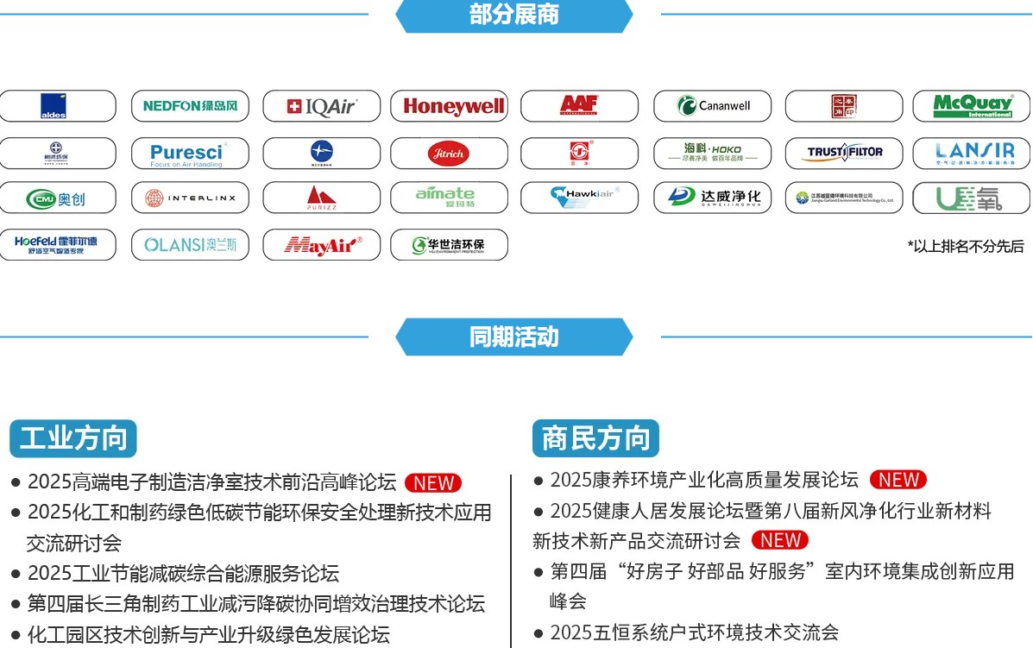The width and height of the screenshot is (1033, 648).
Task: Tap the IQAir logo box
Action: (x=321, y=106)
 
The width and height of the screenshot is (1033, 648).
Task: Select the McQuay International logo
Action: (x=971, y=106)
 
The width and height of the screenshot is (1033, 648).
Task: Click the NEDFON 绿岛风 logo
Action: (x=190, y=106)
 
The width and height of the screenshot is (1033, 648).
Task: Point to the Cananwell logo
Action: (x=712, y=106)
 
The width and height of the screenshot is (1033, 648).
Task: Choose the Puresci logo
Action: (x=190, y=154)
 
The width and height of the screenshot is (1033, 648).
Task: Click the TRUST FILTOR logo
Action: (x=844, y=154)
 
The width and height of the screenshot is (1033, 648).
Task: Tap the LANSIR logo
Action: (x=971, y=154)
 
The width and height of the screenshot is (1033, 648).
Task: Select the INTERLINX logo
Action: (x=190, y=198)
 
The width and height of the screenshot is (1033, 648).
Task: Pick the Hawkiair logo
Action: (x=579, y=198)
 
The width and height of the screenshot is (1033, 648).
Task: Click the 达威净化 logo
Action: (x=712, y=198)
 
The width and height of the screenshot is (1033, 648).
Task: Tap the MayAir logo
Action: (x=321, y=245)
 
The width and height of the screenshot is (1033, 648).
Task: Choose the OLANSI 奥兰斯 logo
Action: (x=190, y=245)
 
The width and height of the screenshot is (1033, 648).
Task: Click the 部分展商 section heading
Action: (x=514, y=15)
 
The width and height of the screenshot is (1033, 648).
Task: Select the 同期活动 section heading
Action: (x=514, y=337)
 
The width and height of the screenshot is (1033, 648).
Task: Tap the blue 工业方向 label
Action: (x=73, y=438)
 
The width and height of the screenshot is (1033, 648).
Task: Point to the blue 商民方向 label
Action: (x=595, y=438)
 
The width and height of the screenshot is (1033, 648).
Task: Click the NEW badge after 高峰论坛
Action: (x=433, y=483)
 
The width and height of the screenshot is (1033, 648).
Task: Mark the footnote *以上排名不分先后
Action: (x=966, y=247)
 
